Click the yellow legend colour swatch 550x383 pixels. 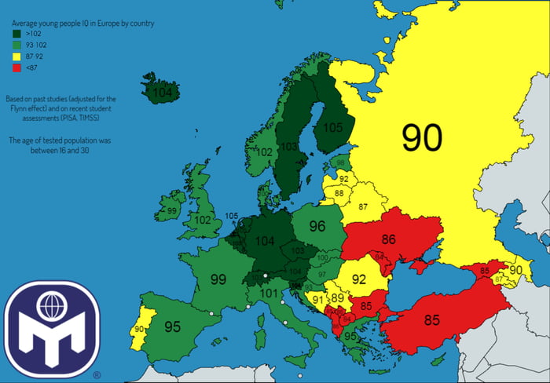16,57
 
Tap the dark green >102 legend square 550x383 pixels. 16,35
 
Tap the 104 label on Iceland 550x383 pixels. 163,93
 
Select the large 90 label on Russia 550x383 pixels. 422,137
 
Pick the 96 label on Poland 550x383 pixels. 317,226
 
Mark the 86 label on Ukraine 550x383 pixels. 388,239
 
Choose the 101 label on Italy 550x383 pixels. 269,294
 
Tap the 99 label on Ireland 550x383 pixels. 171,211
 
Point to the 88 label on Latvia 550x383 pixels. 339,193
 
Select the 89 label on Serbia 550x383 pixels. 337,297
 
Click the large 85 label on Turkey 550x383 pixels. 431,320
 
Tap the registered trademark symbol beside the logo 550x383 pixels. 97,375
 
